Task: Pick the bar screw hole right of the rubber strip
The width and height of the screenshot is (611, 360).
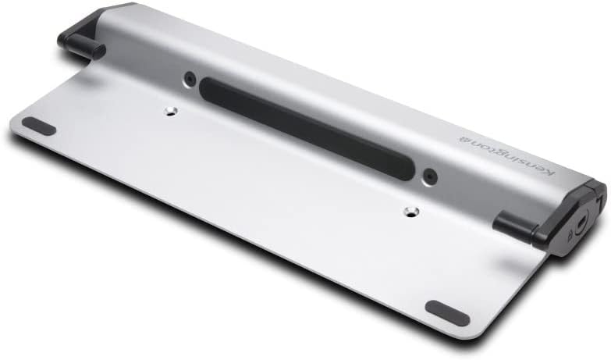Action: point(428,176)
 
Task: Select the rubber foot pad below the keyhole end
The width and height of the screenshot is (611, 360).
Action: point(447,312)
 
